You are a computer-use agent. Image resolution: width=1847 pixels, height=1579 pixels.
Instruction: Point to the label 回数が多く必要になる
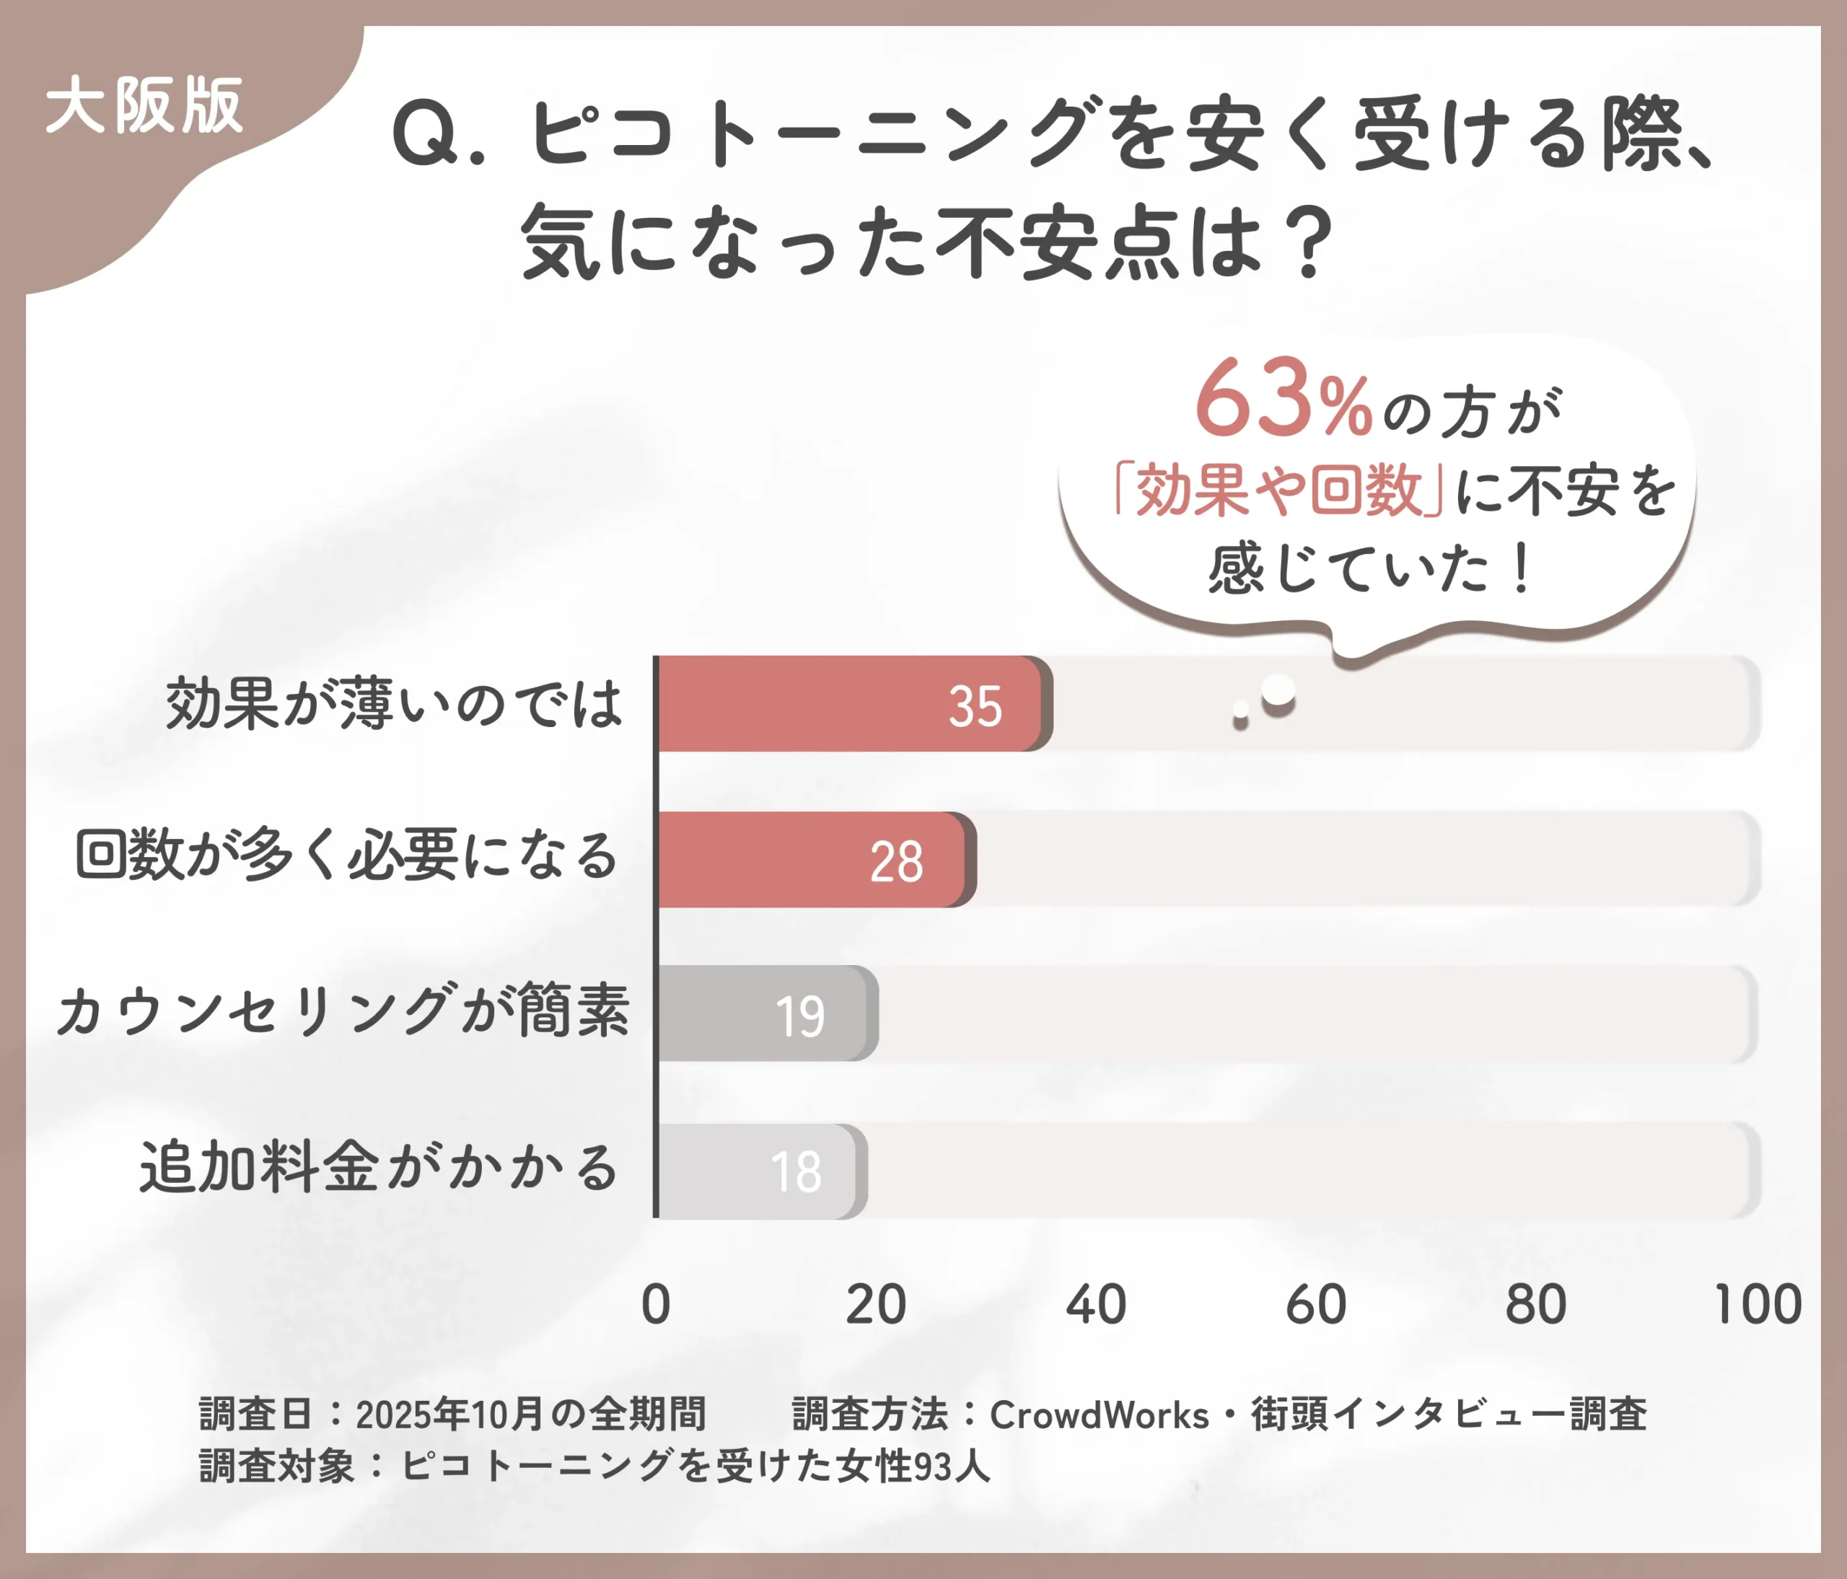coord(347,856)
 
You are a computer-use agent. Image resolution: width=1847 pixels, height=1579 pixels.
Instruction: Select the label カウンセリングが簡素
coord(343,1011)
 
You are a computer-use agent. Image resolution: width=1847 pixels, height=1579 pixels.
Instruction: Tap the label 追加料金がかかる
coord(378,1167)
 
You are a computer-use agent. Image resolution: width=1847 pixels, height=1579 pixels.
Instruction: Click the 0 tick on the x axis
coord(656,1305)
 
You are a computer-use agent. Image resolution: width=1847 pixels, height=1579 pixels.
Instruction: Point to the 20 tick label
coord(875,1305)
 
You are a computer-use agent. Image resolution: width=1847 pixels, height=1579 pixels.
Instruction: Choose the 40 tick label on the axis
coord(1095,1305)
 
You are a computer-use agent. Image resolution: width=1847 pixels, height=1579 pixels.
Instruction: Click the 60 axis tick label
coord(1316,1305)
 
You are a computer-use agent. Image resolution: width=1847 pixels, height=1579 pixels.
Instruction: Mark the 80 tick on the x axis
coord(1535,1305)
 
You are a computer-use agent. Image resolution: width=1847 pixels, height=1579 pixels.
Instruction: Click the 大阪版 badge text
coord(144,106)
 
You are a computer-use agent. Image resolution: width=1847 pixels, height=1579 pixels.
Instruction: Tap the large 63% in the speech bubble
coord(1283,398)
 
